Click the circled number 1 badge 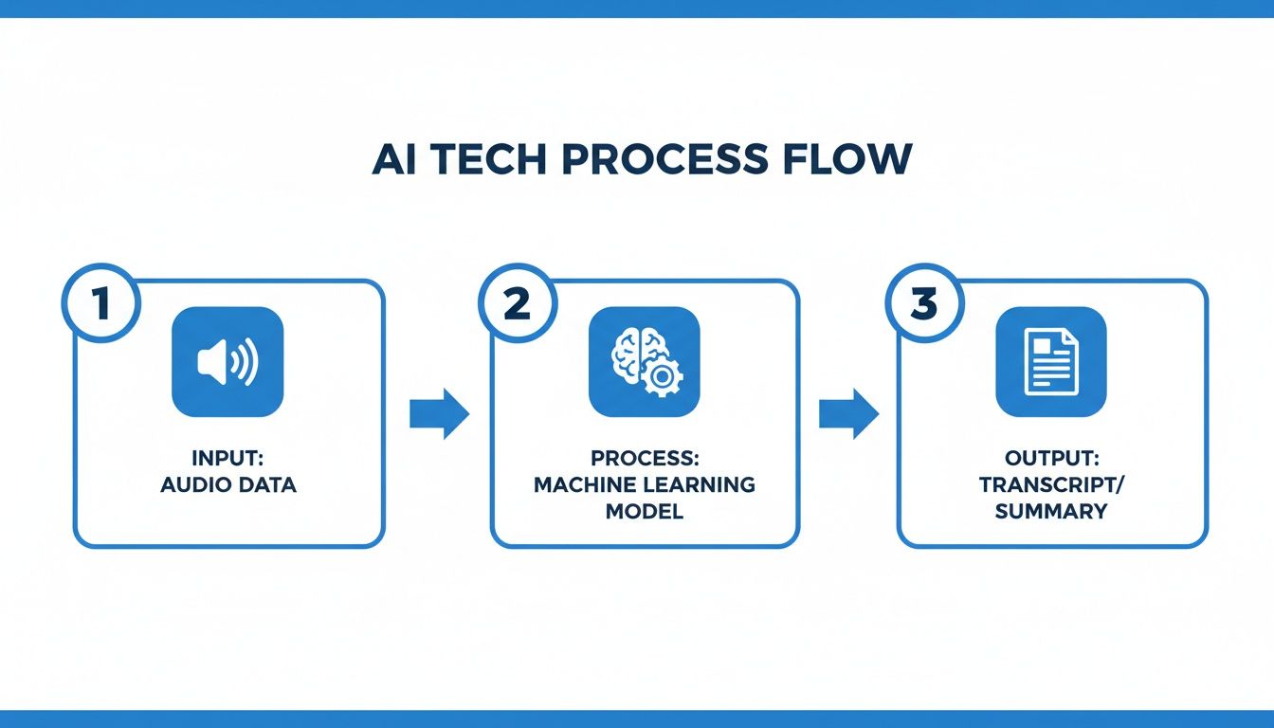click(x=100, y=304)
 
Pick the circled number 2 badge click(x=516, y=304)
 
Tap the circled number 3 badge click(x=923, y=304)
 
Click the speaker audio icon click(x=227, y=362)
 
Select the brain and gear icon click(x=645, y=362)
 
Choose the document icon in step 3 click(x=1051, y=362)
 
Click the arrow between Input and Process click(x=439, y=414)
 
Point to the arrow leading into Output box click(x=848, y=414)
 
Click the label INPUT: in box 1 click(x=228, y=459)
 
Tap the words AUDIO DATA click(x=228, y=485)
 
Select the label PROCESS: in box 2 click(x=645, y=459)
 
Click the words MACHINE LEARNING click(x=645, y=485)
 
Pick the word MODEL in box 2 click(x=645, y=512)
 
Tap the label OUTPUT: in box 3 click(x=1052, y=459)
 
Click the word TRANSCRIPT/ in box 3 click(x=1052, y=485)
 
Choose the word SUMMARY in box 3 click(x=1052, y=512)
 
